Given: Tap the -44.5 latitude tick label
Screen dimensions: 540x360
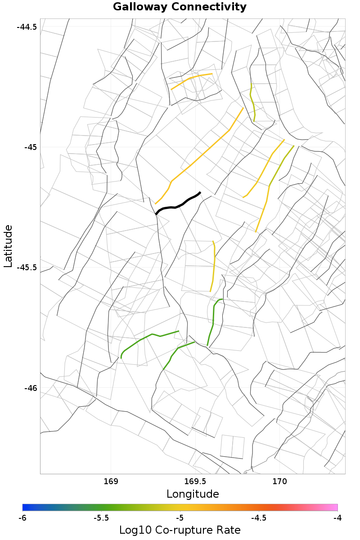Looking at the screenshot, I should pos(27,27).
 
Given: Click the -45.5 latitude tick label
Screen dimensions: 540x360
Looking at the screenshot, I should pos(27,268).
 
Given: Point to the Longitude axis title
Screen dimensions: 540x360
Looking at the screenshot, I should pos(193,494).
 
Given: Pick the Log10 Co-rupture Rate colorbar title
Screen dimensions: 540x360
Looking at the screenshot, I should pos(180,530).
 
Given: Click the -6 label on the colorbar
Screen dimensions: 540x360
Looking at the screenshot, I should pos(22,518).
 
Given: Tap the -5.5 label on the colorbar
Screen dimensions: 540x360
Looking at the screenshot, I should pos(101,518).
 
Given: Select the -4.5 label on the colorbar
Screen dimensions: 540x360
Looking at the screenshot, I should pos(259,518).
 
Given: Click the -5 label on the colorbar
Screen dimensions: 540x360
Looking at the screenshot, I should pos(180,518).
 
